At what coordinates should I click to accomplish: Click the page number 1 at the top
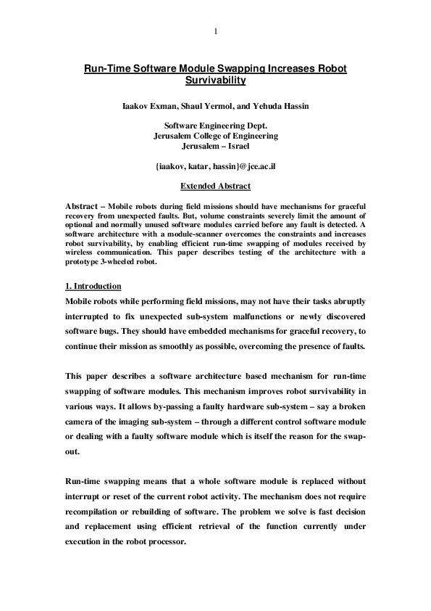215,31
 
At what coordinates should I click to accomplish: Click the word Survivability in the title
215,81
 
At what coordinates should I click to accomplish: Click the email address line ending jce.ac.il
215,166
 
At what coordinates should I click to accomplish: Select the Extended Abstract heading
215,186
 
